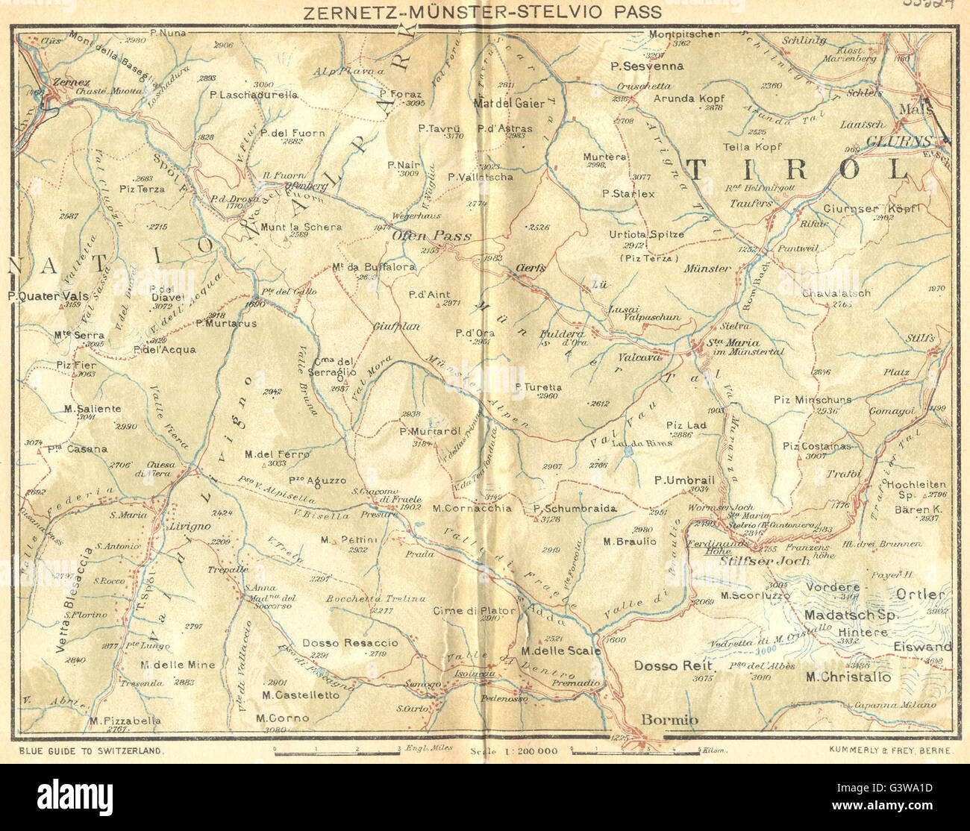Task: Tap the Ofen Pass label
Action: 432,236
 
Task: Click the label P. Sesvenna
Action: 647,66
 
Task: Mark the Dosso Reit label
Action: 674,665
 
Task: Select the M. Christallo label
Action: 848,677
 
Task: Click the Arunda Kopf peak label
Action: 689,98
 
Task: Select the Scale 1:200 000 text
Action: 515,751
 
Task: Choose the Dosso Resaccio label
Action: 350,642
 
